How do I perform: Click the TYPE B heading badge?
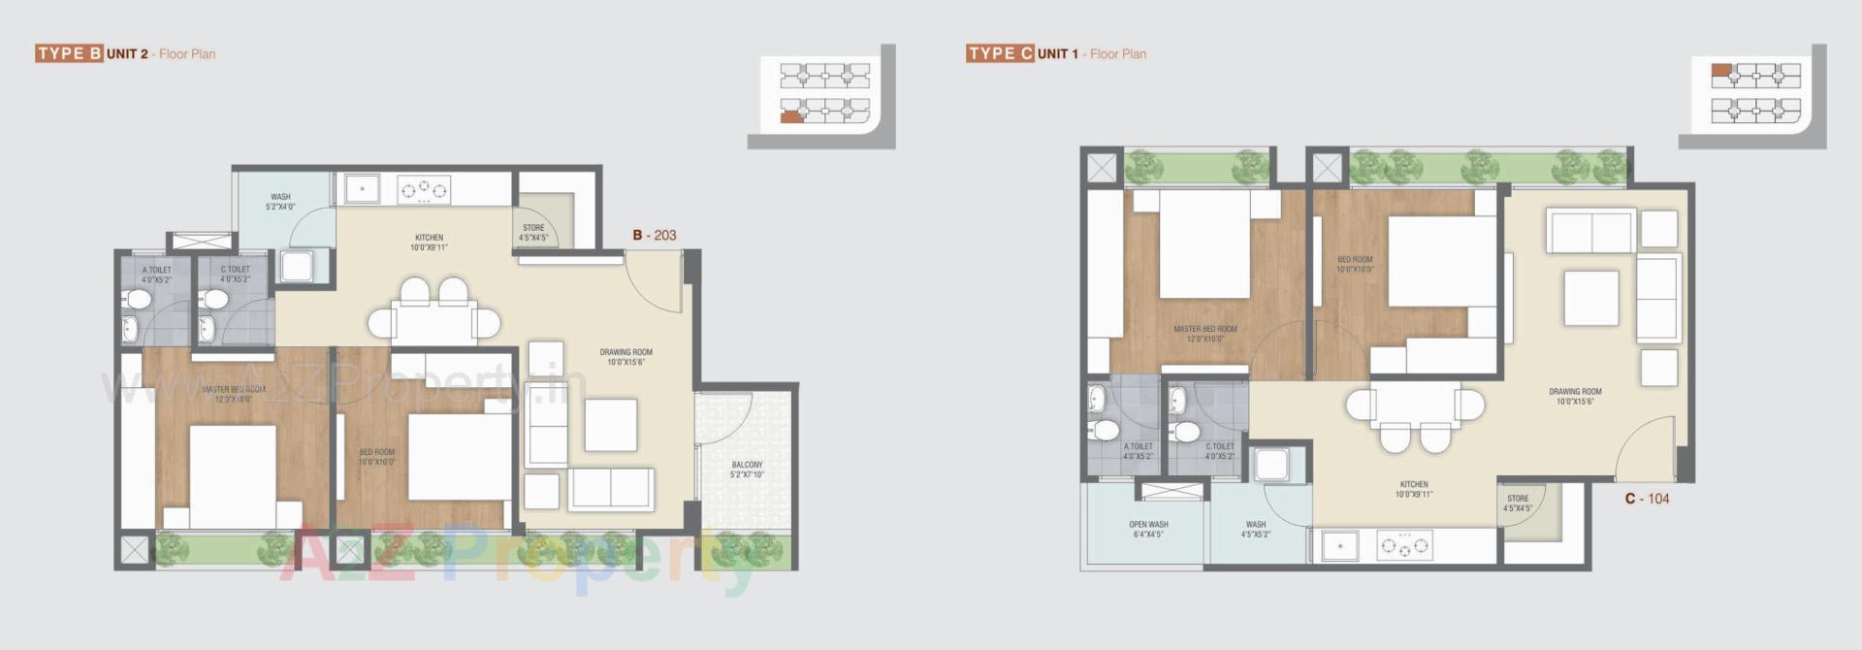tap(70, 53)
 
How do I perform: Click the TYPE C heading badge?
tap(1000, 53)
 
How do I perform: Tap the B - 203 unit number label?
tap(655, 235)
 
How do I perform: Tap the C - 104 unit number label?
tap(1648, 499)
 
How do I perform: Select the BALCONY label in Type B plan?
tap(747, 470)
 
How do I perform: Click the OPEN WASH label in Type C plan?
tap(1148, 529)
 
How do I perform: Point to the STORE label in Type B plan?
tap(533, 233)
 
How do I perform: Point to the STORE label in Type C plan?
tap(1518, 504)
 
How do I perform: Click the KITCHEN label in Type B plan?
tap(429, 242)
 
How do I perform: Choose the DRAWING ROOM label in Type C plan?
tap(1575, 396)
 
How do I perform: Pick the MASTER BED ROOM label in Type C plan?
tap(1205, 334)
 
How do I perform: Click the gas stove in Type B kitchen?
tap(424, 190)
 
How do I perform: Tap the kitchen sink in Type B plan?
tap(363, 189)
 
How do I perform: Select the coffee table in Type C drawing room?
tap(1590, 298)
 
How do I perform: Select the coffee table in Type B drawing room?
tap(611, 425)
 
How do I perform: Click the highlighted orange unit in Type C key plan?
tap(1720, 70)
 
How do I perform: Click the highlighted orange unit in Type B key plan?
tap(791, 116)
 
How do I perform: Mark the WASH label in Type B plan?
tap(280, 202)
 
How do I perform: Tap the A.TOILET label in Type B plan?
tap(156, 275)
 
